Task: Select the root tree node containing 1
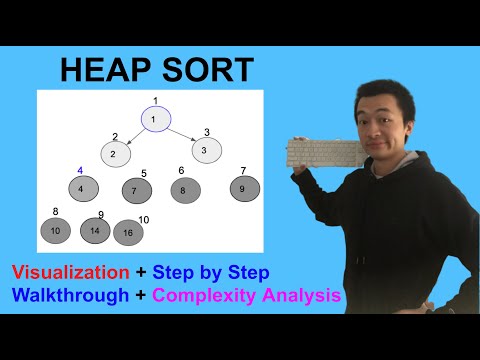155,119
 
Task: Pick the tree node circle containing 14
95,231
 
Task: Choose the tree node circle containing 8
184,189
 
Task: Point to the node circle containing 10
56,231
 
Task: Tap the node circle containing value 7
136,190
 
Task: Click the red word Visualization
70,272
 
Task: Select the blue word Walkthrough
70,296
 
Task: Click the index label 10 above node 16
143,219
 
